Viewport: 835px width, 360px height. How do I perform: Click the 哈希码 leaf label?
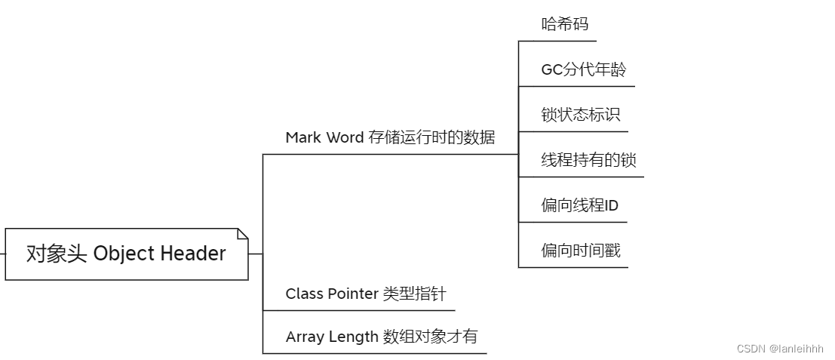point(564,24)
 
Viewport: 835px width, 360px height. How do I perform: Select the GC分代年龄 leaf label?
point(583,70)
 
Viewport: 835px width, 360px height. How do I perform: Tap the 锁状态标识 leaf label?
point(580,115)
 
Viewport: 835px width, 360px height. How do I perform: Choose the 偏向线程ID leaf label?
point(579,205)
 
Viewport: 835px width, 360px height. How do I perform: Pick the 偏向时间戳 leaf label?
point(580,251)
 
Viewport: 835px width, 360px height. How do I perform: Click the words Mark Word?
point(324,137)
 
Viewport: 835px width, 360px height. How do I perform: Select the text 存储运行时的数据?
point(432,137)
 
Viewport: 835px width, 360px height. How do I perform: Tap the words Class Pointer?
point(332,294)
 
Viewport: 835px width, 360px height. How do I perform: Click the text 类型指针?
point(414,294)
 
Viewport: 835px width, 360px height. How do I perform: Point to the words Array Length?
point(332,337)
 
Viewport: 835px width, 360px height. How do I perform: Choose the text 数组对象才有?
point(430,337)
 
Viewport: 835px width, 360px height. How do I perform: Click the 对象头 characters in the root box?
point(57,254)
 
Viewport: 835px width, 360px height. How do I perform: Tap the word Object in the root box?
point(125,254)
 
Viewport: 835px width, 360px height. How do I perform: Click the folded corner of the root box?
point(242,234)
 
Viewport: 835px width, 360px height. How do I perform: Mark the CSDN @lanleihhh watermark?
point(780,349)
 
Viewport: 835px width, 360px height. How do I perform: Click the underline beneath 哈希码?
point(558,41)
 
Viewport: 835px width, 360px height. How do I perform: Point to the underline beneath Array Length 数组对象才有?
point(375,353)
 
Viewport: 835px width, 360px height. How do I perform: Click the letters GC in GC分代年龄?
point(551,70)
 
